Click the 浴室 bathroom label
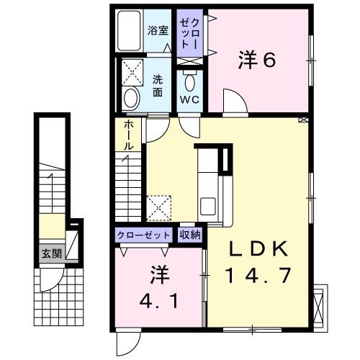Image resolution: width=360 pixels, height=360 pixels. [158, 30]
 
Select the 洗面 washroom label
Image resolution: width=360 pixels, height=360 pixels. [158, 87]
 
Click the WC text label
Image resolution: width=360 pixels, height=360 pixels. [190, 99]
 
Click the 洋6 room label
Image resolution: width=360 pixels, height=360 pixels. [257, 60]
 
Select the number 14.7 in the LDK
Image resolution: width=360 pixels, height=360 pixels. [260, 276]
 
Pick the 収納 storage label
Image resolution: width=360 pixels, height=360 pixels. [191, 235]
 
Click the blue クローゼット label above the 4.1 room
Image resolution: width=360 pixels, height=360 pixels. [143, 235]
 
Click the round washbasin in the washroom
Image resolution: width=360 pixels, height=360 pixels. [131, 98]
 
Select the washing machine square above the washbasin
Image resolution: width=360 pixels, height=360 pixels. [132, 72]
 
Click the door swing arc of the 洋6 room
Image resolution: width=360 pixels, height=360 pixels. [232, 101]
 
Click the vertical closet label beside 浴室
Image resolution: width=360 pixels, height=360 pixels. [187, 32]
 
